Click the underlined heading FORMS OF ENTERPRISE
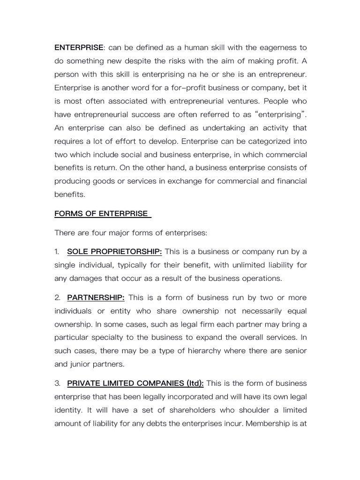tap(102, 213)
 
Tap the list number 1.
tap(57, 252)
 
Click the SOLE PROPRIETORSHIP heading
tap(114, 252)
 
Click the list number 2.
tap(57, 298)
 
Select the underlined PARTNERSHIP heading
tap(96, 298)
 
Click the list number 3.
tap(57, 383)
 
